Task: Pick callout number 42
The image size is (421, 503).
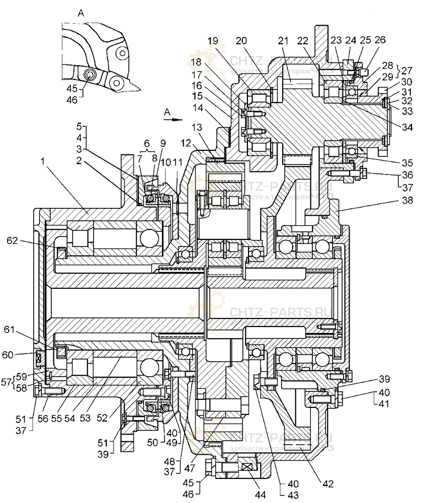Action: pos(328,484)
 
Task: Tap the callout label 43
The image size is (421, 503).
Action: pos(293,495)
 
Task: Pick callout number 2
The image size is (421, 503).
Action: pos(79,160)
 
